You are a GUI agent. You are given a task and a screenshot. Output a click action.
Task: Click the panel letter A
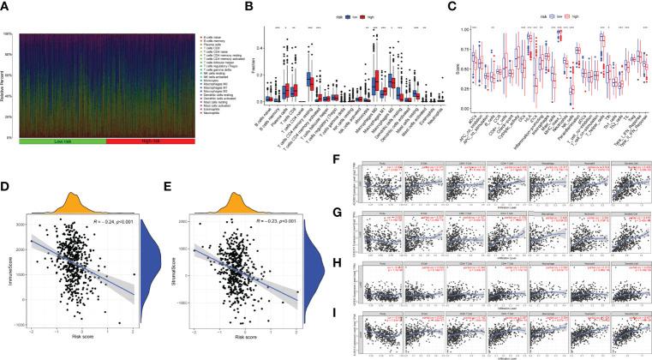point(6,6)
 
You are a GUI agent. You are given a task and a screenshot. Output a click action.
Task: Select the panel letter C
point(450,6)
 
